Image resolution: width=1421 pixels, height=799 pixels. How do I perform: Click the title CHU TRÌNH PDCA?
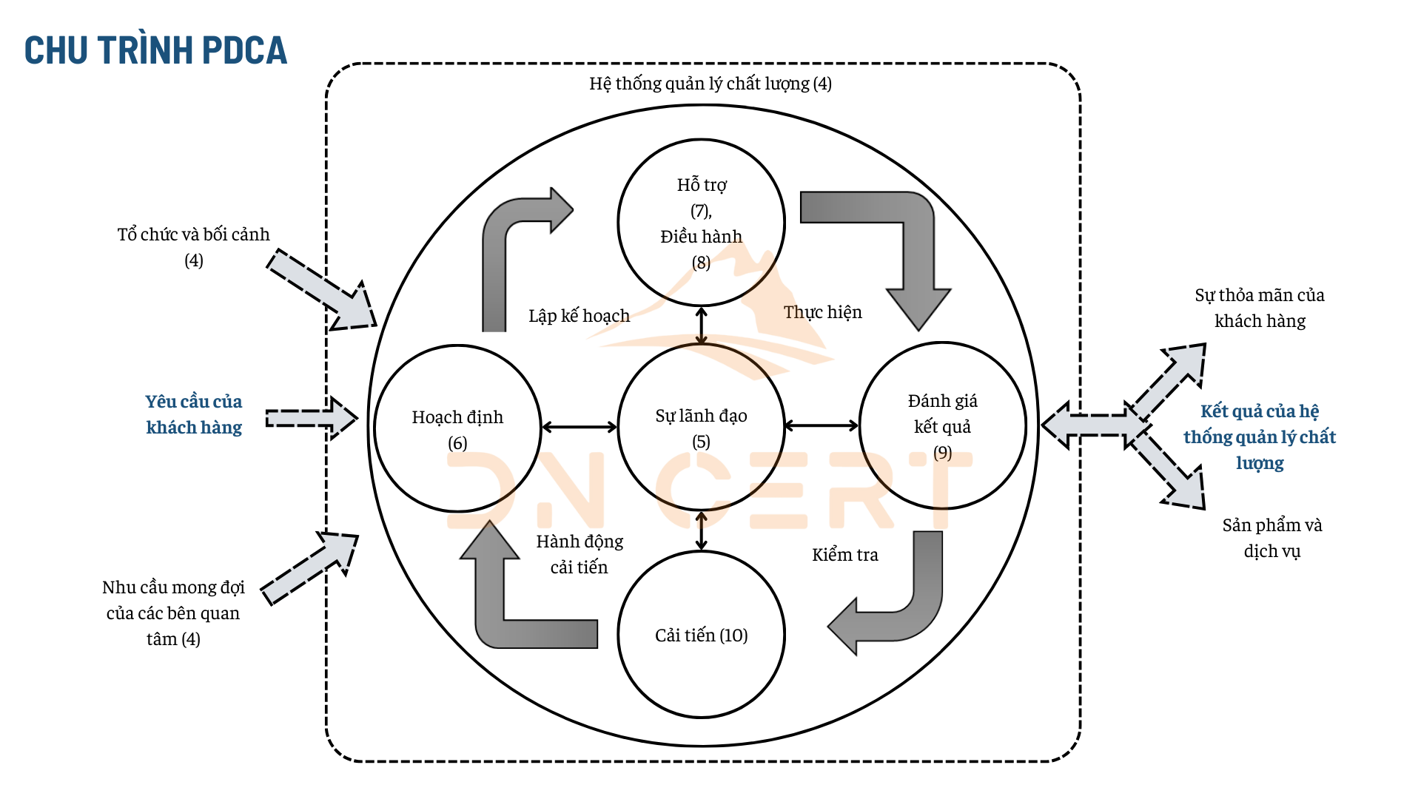click(x=155, y=50)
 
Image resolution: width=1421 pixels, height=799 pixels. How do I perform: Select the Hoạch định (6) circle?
click(x=457, y=428)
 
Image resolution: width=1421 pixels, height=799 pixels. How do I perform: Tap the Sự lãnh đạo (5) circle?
click(x=701, y=428)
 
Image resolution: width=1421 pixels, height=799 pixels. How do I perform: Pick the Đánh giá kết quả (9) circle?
click(x=942, y=426)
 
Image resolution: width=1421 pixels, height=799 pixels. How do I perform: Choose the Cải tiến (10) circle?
click(x=701, y=635)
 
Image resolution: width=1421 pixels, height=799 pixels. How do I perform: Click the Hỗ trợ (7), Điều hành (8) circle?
click(x=701, y=223)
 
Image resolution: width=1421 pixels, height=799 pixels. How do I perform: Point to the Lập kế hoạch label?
click(x=579, y=316)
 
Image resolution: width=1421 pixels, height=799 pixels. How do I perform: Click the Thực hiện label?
click(x=822, y=312)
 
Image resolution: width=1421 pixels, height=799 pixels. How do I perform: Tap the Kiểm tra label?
click(x=844, y=555)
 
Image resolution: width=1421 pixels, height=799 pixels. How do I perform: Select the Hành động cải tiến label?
click(x=580, y=554)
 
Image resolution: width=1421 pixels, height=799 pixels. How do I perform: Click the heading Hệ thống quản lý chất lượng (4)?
click(x=710, y=84)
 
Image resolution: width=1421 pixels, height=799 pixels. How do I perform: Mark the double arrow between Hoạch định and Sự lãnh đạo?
click(x=580, y=427)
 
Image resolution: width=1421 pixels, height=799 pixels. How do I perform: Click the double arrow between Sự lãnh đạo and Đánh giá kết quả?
click(x=822, y=425)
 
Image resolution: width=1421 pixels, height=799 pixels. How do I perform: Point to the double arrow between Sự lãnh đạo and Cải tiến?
click(x=701, y=530)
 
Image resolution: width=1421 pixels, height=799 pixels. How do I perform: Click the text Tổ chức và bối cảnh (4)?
click(x=193, y=247)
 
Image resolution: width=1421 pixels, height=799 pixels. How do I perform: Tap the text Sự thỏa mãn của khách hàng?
click(x=1259, y=308)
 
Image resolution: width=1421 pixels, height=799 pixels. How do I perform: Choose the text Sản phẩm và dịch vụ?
click(x=1271, y=538)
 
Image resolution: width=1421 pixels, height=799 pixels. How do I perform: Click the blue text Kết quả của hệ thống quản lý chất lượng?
click(x=1259, y=436)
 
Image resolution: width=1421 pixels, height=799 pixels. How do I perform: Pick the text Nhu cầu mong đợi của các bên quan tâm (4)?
click(x=173, y=613)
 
